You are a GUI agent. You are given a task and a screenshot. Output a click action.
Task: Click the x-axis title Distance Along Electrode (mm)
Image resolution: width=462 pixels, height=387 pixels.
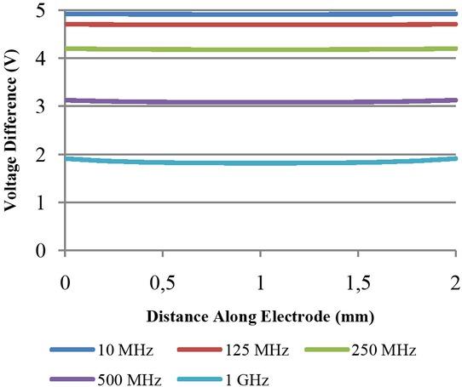[x=261, y=316]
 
